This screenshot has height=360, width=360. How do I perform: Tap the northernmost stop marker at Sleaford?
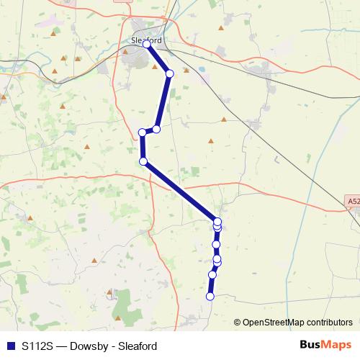point(147,44)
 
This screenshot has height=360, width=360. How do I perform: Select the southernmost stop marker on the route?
point(210,296)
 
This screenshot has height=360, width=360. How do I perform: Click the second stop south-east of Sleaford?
point(170,73)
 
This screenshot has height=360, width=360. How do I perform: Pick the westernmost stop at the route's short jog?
point(143,132)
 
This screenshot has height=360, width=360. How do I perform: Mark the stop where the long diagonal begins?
point(143,161)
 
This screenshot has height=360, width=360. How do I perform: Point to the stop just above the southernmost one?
point(212,274)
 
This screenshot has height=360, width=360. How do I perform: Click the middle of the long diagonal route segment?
point(180,191)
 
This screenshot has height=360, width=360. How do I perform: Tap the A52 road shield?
point(351,202)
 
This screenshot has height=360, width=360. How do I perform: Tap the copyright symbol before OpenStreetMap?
point(238,323)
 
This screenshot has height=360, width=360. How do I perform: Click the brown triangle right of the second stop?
point(186,70)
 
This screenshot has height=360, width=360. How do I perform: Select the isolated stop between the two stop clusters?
point(216,245)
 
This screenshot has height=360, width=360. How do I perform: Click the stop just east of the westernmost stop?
point(156,129)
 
